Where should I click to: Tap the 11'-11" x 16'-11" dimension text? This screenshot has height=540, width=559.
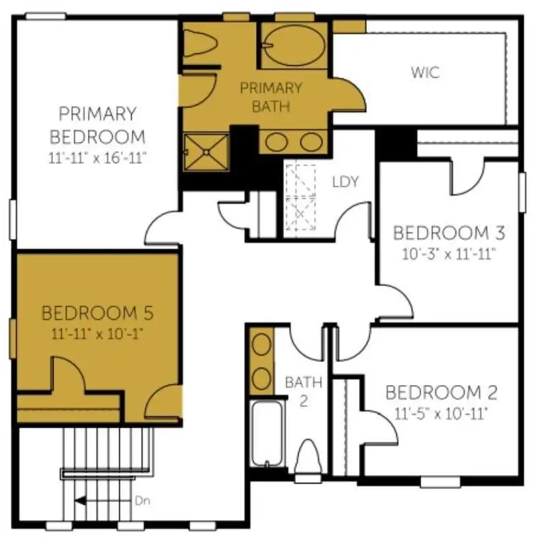(98, 156)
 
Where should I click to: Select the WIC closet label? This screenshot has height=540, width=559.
(425, 72)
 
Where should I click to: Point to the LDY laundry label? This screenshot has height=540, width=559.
(345, 182)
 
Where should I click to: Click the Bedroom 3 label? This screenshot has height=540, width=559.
(448, 233)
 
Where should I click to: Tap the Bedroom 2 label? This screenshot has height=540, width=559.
(441, 393)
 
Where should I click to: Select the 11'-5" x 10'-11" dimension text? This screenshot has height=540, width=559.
(441, 414)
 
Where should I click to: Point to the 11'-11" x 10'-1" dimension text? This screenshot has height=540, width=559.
(97, 335)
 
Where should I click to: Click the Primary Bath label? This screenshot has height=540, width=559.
(270, 97)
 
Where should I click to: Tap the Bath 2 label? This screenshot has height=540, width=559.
(303, 390)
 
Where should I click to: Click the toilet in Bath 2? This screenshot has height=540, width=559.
(308, 455)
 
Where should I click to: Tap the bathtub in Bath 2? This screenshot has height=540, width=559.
(267, 433)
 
